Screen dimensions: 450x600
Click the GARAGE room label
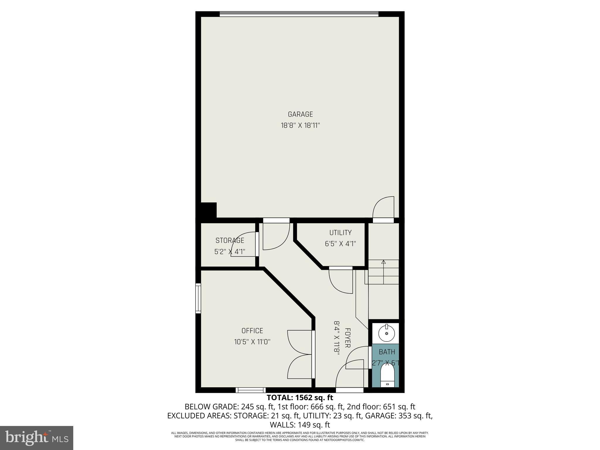pos(300,114)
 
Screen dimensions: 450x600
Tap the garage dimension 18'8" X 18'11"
pos(300,126)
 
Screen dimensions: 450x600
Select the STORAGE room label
pos(230,241)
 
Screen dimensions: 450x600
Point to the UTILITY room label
pos(340,233)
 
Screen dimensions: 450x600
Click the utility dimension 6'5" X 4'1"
pos(340,244)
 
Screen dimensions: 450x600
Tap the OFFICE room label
pos(252,331)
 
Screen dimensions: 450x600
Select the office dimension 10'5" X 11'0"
pos(252,342)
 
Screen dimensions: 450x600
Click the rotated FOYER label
pos(347,338)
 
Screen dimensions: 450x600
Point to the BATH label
pos(387,352)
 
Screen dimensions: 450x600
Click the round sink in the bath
pos(387,333)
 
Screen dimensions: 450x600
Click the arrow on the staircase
pos(383,262)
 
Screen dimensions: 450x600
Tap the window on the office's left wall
pos(198,298)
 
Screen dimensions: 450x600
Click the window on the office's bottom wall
pos(250,390)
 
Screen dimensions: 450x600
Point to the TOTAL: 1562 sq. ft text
pos(300,398)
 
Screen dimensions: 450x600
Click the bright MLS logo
pos(37,438)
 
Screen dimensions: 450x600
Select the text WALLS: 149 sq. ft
pos(300,425)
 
